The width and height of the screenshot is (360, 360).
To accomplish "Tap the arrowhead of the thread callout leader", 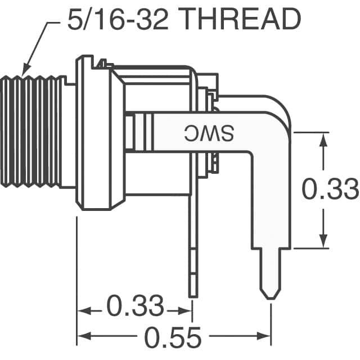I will (24, 72).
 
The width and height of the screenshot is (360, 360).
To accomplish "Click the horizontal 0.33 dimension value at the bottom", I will (134, 307).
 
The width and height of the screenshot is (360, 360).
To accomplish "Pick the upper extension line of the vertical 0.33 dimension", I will (309, 133).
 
